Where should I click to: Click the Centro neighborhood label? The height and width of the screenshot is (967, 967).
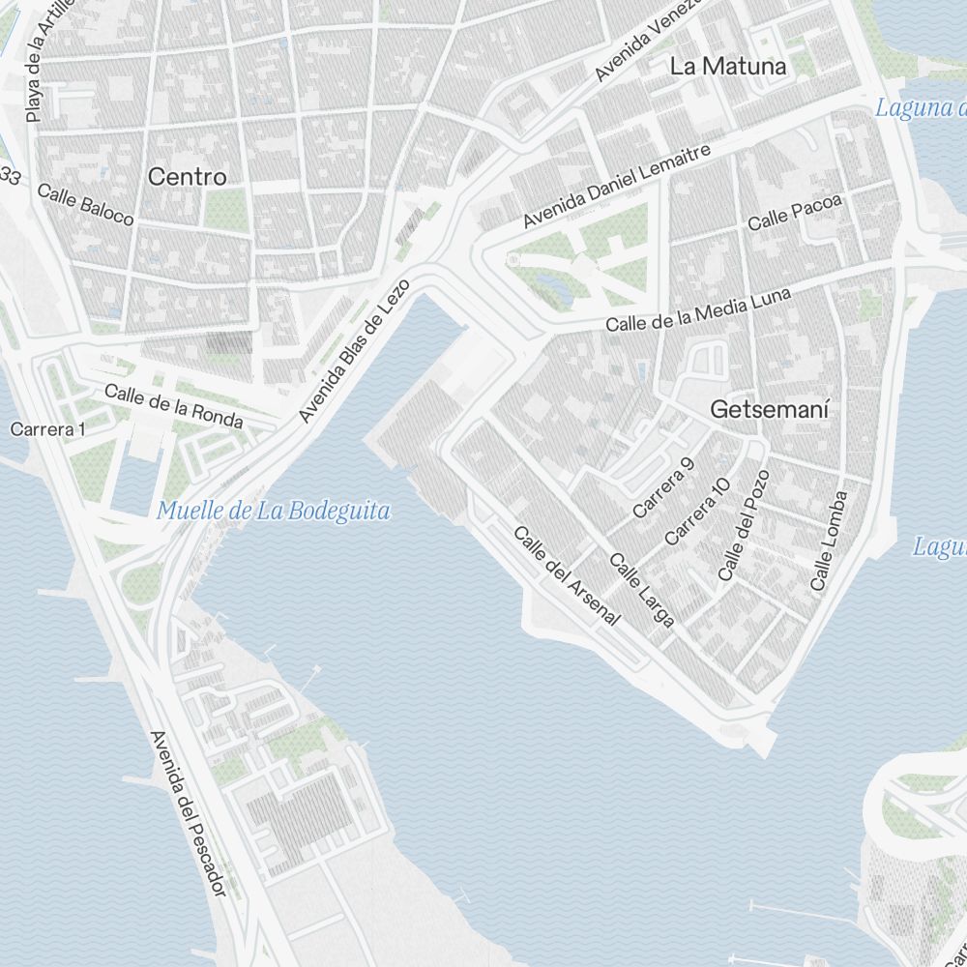coord(188,177)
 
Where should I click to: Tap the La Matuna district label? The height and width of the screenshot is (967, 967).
coord(728,66)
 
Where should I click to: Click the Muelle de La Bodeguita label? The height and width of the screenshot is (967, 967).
coord(274,511)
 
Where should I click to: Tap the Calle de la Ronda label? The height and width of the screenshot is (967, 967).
coord(174,406)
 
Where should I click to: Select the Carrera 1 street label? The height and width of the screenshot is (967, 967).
coord(47,428)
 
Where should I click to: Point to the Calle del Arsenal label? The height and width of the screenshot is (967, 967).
coord(566,575)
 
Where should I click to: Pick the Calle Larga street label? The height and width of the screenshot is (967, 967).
coord(642,590)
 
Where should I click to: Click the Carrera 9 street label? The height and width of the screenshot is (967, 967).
coord(663,487)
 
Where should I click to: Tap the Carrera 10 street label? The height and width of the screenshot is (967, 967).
coord(697,512)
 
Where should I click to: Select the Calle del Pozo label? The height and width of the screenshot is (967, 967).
coord(744,526)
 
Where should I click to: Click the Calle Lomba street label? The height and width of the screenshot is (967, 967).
coord(829,542)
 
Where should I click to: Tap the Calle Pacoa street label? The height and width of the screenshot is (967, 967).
coord(795,213)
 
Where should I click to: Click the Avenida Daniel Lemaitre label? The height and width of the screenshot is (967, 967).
coord(617,187)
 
